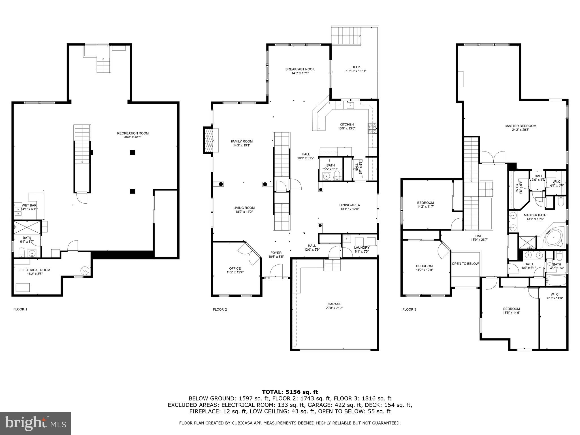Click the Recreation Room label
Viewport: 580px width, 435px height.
tap(133, 133)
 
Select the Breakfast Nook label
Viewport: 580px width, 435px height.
tap(300, 69)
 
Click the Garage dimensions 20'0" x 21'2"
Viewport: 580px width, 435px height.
tap(334, 308)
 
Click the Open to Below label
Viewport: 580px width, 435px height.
tap(465, 264)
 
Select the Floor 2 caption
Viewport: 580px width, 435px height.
tap(220, 310)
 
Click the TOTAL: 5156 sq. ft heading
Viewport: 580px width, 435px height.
tap(290, 392)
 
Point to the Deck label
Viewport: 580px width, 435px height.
tap(356, 67)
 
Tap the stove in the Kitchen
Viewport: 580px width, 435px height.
tap(372, 128)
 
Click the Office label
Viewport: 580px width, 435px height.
tap(235, 268)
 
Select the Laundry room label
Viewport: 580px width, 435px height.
tap(362, 248)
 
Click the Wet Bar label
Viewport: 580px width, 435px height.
tap(29, 205)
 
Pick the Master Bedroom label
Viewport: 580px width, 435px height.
tap(521, 126)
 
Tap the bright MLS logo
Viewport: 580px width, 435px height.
tap(35, 423)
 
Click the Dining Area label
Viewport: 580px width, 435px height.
tap(349, 205)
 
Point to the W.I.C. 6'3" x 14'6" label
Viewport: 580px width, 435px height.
tap(555, 294)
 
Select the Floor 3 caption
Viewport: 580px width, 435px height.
tap(409, 310)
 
